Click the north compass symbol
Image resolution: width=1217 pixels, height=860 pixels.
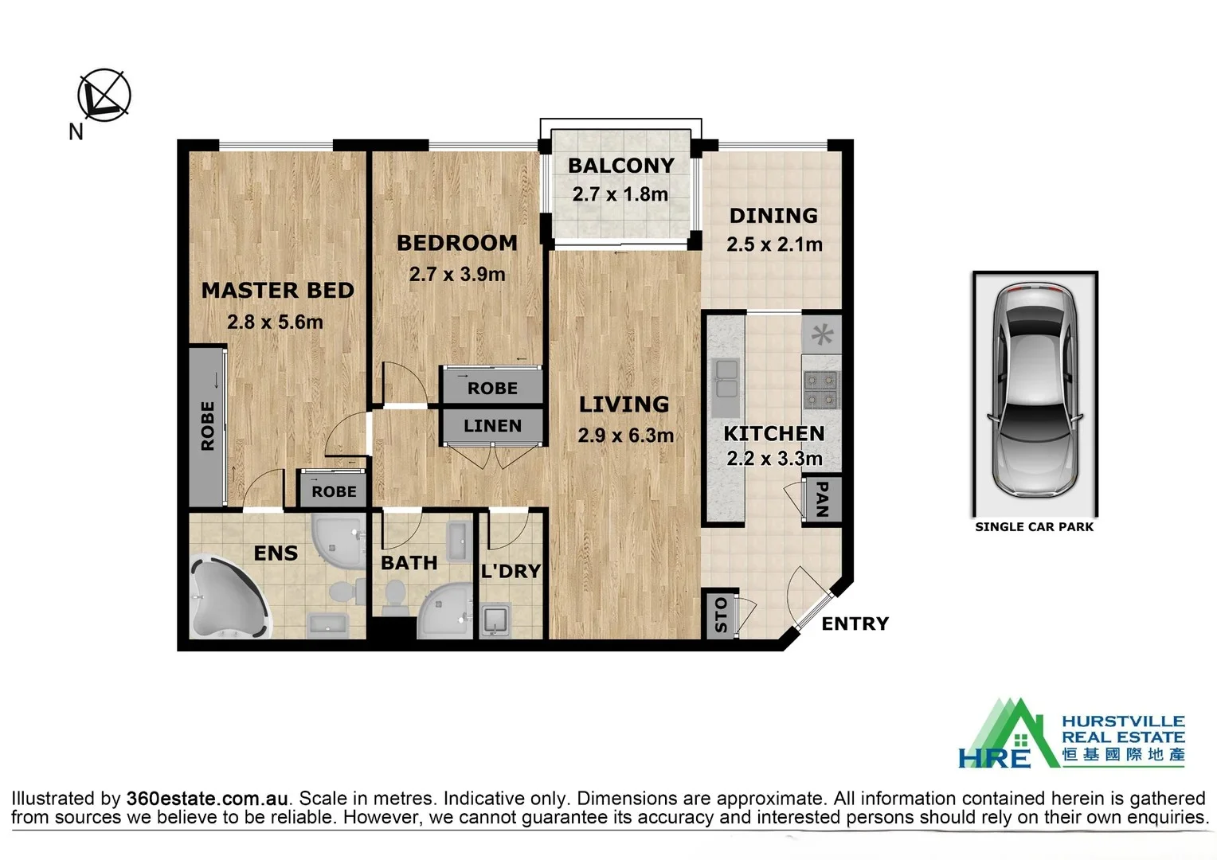point(104,96)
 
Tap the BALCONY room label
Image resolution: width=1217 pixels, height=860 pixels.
point(620,166)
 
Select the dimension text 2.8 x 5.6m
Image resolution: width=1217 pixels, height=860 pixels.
point(275,322)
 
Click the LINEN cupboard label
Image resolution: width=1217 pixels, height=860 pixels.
point(492,426)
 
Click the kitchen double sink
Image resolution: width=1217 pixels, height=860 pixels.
point(726,378)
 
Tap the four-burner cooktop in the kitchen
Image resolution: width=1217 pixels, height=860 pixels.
point(821,390)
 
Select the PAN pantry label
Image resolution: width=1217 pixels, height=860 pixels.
point(823,499)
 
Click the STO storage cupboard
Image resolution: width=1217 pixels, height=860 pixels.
point(721,615)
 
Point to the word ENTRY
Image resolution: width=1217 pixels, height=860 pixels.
point(855,623)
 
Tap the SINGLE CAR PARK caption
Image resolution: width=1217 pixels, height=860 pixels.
point(1034,526)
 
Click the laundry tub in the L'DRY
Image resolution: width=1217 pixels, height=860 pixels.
point(496,621)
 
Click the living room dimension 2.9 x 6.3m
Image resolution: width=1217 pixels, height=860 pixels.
point(625,436)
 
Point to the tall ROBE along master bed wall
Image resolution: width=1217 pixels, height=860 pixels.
point(208,426)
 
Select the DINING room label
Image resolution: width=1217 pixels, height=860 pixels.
point(773,216)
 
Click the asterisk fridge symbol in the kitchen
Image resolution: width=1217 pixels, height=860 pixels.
point(821,334)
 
